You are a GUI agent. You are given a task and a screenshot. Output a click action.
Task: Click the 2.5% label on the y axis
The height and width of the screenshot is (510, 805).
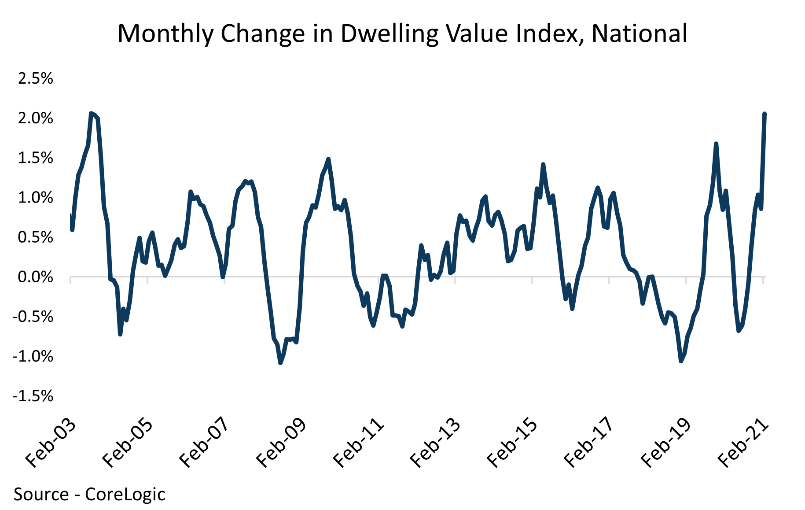tap(35, 79)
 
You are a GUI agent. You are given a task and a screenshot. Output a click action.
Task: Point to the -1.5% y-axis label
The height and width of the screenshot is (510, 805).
tap(33, 396)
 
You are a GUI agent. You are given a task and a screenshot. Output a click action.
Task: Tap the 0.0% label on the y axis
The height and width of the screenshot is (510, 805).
tap(35, 277)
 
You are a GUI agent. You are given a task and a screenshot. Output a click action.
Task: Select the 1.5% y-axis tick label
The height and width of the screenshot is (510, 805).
tap(35, 158)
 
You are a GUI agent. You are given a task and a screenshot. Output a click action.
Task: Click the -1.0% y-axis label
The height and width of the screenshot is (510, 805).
tap(33, 357)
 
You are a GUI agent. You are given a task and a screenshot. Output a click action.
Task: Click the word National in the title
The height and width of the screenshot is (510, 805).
tap(639, 33)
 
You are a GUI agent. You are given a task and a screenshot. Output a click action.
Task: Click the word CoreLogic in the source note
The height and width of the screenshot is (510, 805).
tap(125, 494)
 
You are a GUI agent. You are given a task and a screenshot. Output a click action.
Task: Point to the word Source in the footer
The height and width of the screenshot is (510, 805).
tap(41, 494)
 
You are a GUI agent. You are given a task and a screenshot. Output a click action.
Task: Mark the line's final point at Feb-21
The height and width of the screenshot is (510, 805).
tap(765, 114)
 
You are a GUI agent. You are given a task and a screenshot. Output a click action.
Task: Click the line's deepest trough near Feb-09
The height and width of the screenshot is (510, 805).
tap(280, 362)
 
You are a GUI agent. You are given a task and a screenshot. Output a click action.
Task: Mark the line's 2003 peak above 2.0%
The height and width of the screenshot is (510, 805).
tap(91, 114)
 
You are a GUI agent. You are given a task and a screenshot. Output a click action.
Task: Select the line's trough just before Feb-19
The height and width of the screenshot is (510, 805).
tap(681, 361)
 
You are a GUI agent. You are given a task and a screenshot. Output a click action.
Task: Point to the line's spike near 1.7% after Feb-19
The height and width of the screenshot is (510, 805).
tap(716, 144)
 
